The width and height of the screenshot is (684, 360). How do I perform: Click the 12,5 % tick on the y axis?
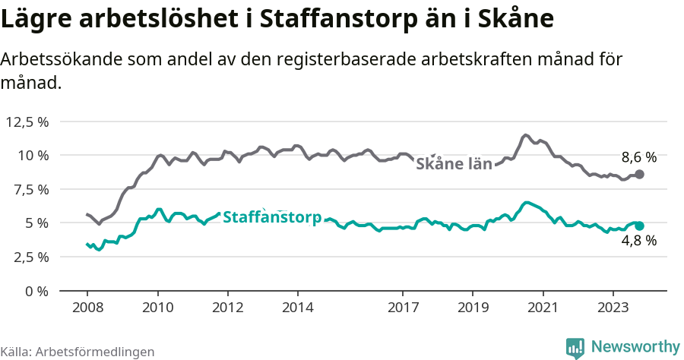click(x=27, y=122)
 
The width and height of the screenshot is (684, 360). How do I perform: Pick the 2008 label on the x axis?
click(x=87, y=308)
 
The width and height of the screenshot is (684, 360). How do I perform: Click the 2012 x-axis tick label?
click(x=227, y=308)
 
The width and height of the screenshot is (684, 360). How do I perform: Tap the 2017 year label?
click(x=403, y=308)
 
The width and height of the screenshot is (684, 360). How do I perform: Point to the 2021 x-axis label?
click(x=543, y=308)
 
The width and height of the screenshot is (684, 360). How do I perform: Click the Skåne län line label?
click(x=454, y=163)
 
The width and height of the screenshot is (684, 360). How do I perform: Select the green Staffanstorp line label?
click(x=272, y=216)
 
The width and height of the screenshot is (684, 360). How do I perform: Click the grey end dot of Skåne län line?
click(x=640, y=174)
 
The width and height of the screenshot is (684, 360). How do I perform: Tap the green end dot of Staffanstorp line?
click(x=640, y=226)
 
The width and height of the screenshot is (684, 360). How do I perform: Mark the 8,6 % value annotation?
click(x=638, y=158)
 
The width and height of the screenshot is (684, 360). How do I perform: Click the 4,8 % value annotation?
click(x=638, y=241)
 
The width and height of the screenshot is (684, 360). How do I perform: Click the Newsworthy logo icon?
click(x=575, y=347)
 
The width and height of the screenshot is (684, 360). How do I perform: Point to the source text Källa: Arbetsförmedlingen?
click(x=78, y=352)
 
